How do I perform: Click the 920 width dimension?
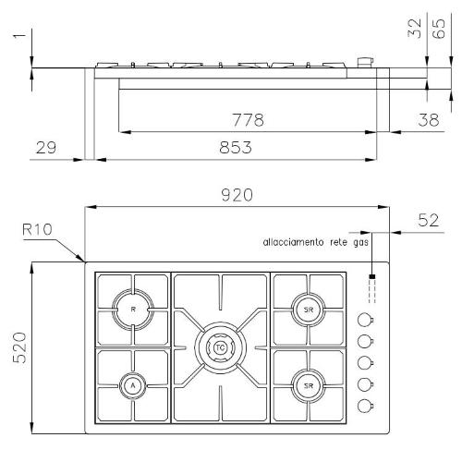point(237,195)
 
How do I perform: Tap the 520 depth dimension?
point(19,347)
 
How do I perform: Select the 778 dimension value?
point(248,120)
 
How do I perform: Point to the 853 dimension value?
point(236,148)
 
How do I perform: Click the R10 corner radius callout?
point(37,229)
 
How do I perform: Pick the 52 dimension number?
point(428,220)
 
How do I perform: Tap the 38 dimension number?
point(428,120)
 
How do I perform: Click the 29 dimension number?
point(46,148)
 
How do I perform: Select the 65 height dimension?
point(439,29)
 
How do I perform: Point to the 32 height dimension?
point(415,29)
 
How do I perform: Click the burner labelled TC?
point(220,347)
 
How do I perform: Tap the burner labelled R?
point(133,310)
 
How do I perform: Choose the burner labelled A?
point(133,385)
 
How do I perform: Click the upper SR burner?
point(309,310)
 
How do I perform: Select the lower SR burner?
point(309,385)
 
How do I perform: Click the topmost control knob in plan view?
point(365,320)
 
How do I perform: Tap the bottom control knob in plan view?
point(365,406)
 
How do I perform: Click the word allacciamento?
point(293,242)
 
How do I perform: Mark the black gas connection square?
point(372,276)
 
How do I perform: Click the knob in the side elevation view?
point(366,62)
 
